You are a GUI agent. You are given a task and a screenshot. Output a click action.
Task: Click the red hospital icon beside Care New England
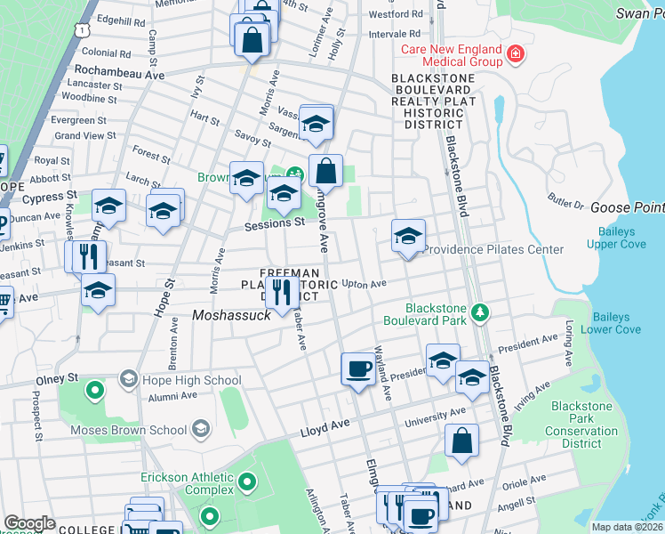click(x=514, y=56)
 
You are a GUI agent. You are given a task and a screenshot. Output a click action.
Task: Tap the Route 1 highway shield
click(x=81, y=29)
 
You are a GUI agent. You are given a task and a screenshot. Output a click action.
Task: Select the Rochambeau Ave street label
click(x=120, y=74)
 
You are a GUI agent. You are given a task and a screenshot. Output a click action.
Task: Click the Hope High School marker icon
click(x=127, y=380)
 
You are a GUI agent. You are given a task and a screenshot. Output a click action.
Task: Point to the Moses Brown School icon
click(x=200, y=430)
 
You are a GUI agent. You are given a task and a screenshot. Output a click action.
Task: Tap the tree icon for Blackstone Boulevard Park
click(x=480, y=311)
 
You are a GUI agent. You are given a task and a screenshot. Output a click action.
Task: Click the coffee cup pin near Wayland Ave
click(x=358, y=368)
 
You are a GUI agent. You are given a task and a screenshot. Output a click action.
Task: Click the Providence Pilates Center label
click(x=493, y=249)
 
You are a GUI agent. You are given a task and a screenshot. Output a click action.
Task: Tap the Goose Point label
click(x=627, y=206)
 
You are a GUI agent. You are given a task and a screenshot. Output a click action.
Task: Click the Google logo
click(x=29, y=523)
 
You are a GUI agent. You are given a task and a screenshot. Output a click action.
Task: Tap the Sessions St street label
click(x=276, y=223)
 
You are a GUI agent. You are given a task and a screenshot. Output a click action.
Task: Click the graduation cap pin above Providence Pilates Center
click(x=408, y=236)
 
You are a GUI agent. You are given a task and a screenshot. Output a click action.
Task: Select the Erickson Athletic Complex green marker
click(x=246, y=484)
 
